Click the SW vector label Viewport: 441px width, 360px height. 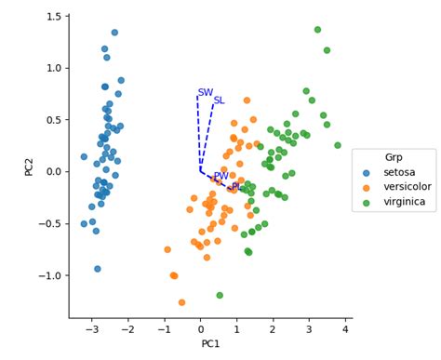click(206, 92)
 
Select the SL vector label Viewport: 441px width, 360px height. click(220, 100)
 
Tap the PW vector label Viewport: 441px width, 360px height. click(221, 176)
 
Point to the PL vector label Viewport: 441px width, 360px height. click(236, 187)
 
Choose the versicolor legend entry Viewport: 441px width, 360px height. click(397, 187)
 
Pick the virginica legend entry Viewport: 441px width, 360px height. click(394, 202)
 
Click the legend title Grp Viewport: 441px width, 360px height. click(394, 157)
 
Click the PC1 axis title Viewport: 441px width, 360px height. click(210, 343)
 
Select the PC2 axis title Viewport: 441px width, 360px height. click(29, 167)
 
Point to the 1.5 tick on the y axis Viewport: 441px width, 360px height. click(54, 16)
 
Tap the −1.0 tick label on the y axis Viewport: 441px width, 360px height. click(49, 275)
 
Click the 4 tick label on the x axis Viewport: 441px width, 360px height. click(345, 329)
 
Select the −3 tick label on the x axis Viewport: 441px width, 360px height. click(92, 329)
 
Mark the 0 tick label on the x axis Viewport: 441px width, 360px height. click(201, 329)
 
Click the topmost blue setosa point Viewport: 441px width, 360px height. click(114, 33)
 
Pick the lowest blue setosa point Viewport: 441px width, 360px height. click(98, 269)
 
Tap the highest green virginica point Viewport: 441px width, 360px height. click(317, 30)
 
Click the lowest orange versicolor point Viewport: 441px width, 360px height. click(181, 302)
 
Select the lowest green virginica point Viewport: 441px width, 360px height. click(220, 295)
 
